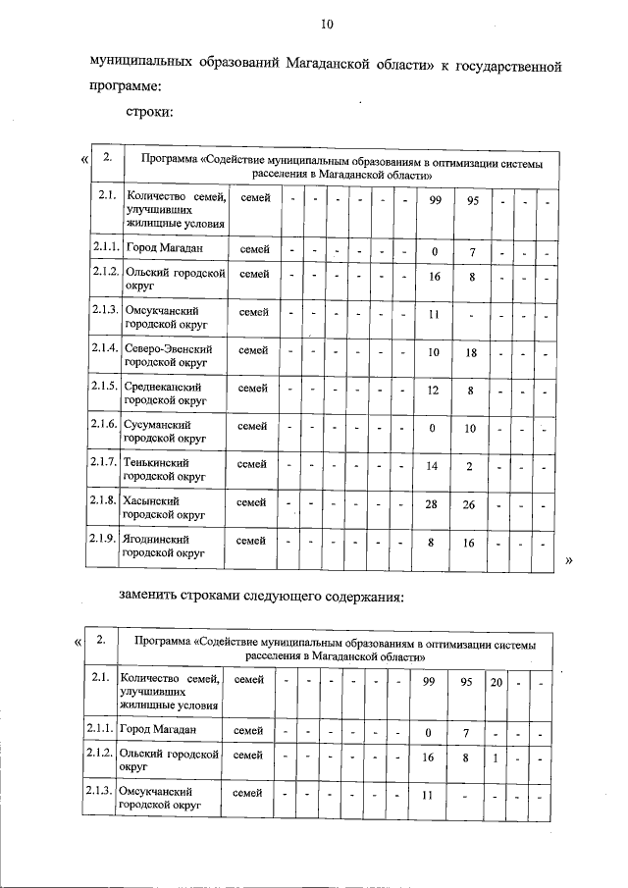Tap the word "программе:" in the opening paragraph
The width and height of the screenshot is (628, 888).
126,86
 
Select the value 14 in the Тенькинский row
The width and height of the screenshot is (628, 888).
432,465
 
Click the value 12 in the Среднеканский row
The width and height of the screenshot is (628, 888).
432,390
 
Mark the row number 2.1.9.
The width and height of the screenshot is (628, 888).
104,540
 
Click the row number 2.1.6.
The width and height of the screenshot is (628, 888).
104,425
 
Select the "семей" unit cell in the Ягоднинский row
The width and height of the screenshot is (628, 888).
253,541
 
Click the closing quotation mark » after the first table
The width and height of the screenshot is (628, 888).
570,560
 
